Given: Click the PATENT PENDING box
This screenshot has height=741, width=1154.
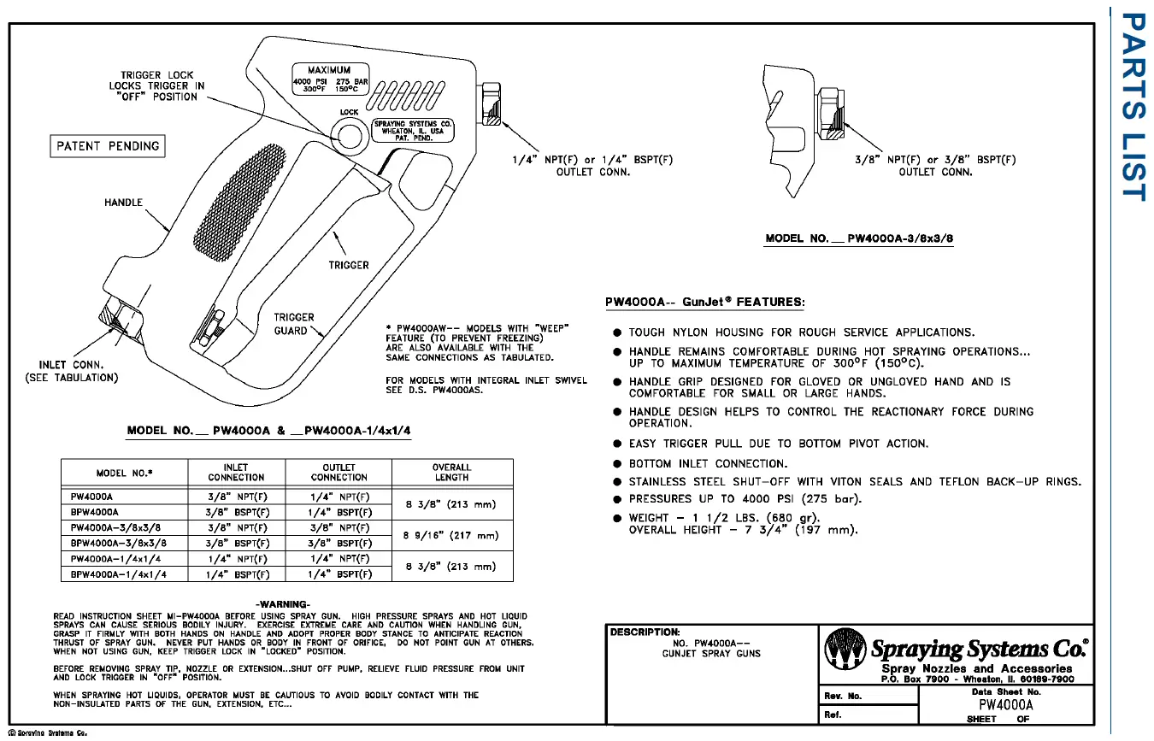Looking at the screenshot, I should pyautogui.click(x=107, y=146).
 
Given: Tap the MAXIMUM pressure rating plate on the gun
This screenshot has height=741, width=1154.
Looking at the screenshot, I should pyautogui.click(x=331, y=79).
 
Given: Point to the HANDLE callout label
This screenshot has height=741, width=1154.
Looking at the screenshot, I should pyautogui.click(x=124, y=203).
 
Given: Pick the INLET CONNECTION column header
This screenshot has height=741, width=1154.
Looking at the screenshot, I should pyautogui.click(x=236, y=473).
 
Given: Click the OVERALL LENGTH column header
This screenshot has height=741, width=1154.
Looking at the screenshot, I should pyautogui.click(x=451, y=473).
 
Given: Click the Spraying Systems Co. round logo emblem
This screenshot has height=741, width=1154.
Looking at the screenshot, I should pyautogui.click(x=844, y=651).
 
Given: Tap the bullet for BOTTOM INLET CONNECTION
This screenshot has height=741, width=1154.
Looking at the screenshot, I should pyautogui.click(x=616, y=463).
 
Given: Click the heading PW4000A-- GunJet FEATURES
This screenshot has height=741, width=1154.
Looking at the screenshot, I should pyautogui.click(x=704, y=303).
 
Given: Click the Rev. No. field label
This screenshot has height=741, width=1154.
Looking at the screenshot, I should pyautogui.click(x=843, y=695).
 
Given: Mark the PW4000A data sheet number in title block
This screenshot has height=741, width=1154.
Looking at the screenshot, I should pyautogui.click(x=1005, y=705).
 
